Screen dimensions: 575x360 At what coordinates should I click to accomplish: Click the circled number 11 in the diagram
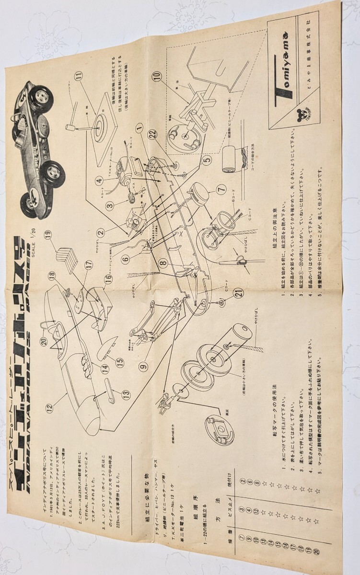[x=78, y=75]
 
